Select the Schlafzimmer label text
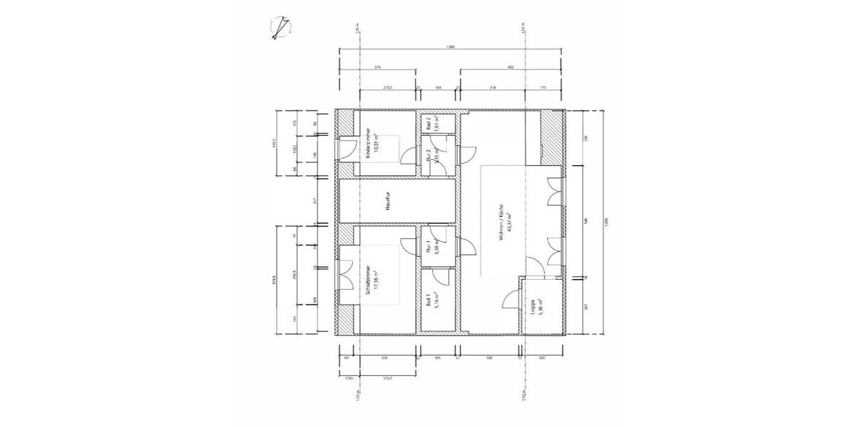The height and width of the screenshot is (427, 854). tap(368, 280)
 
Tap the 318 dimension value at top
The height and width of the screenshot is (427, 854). tap(492, 88)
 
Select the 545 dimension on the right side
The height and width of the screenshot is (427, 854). tap(586, 221)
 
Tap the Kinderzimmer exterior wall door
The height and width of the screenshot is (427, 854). tap(347, 149)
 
